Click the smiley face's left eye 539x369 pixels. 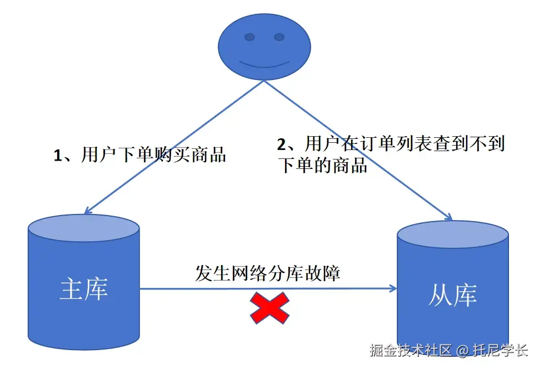tap(249, 37)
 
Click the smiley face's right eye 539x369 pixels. tap(279, 37)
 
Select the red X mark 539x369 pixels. tap(269, 309)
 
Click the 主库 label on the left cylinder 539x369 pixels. tap(83, 290)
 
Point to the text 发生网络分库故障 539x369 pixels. tap(267, 273)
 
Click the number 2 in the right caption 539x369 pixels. tap(282, 145)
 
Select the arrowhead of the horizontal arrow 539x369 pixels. tap(393, 288)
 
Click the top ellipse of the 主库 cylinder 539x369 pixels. tap(83, 228)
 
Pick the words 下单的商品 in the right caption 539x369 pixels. tap(322, 165)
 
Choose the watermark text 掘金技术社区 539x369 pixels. tap(411, 351)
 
